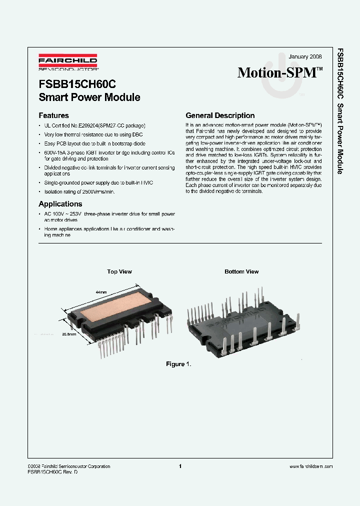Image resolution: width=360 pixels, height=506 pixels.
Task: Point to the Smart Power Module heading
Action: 89,97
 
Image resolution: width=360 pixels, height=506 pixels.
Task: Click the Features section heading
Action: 53,115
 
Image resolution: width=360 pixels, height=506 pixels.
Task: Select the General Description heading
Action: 220,115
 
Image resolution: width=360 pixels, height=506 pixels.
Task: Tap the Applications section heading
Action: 60,204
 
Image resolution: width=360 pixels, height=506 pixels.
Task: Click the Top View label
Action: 119,271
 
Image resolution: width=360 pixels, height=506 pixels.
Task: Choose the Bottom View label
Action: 241,271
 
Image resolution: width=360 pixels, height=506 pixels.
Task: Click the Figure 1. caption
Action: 178,364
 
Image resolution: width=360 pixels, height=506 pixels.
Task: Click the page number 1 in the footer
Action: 179,466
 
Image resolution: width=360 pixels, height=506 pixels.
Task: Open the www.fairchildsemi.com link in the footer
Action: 311,466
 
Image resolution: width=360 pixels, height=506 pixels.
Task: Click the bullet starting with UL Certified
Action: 95,126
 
